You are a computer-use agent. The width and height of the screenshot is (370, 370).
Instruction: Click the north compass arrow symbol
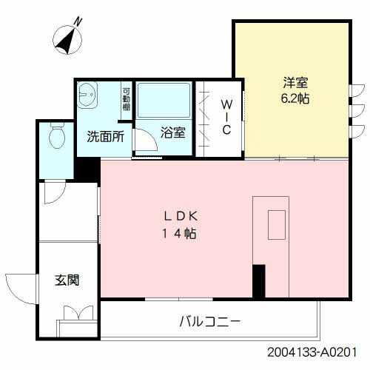click(69, 39)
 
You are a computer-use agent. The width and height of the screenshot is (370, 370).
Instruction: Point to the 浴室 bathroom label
click(173, 133)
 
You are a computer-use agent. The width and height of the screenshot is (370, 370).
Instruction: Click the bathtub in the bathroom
click(164, 101)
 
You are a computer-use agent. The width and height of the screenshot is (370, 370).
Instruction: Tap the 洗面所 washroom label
click(105, 137)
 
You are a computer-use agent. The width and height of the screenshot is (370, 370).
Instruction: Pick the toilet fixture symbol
click(56, 136)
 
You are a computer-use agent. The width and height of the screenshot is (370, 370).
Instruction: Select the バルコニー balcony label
click(209, 322)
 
